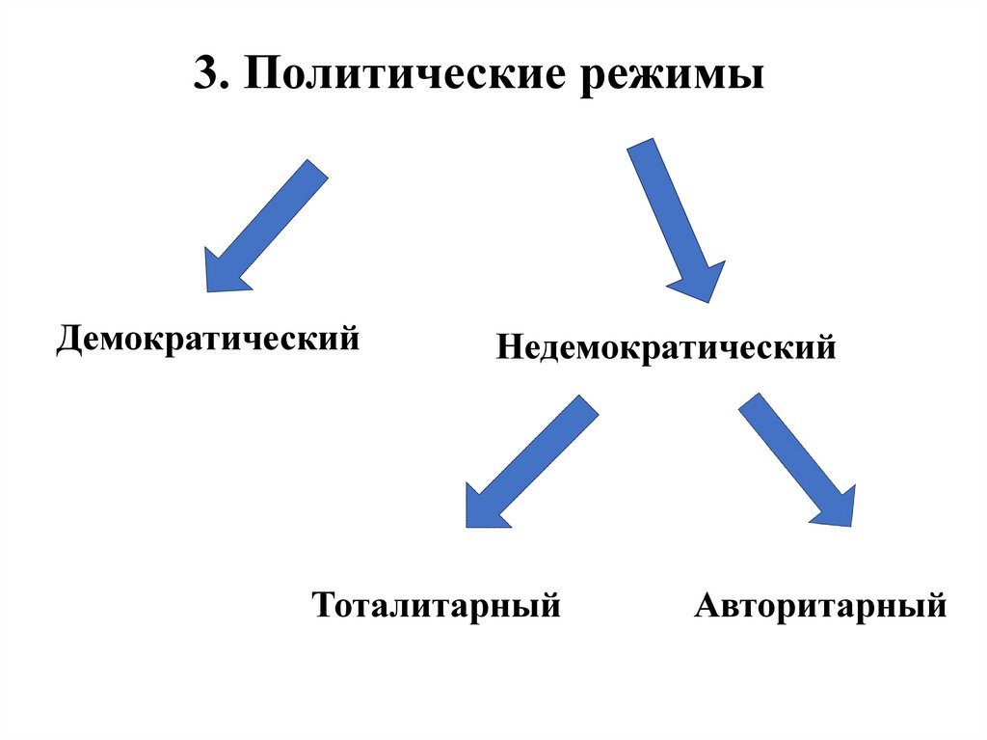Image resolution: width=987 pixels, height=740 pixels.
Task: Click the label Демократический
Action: [208, 340]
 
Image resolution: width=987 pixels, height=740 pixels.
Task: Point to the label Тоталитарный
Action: [437, 606]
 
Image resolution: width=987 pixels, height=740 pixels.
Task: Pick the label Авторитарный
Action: [820, 606]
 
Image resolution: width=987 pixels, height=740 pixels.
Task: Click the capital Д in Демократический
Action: [69, 340]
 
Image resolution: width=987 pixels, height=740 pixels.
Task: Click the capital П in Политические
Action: [259, 75]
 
